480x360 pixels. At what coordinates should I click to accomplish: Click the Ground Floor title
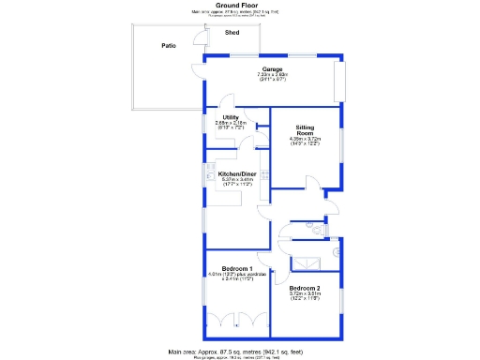click(x=236, y=5)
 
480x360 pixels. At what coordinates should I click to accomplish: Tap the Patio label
click(x=169, y=45)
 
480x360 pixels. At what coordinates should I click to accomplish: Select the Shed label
click(x=232, y=33)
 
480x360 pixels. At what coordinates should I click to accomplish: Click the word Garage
click(x=273, y=70)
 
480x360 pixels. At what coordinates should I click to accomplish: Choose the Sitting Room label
click(x=305, y=130)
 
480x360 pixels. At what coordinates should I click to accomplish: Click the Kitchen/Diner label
click(x=237, y=174)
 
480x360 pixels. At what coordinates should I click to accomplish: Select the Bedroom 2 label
click(x=305, y=287)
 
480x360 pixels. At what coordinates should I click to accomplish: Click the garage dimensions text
click(x=273, y=78)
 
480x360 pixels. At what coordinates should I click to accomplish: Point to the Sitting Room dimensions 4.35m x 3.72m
click(x=305, y=142)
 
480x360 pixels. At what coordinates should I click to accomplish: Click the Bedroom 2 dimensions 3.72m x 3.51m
click(x=305, y=294)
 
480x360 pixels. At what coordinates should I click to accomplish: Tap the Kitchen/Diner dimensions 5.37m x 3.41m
click(x=237, y=181)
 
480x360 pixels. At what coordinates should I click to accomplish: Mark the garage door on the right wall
click(x=341, y=83)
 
